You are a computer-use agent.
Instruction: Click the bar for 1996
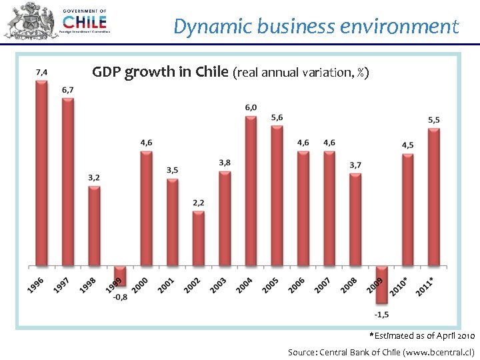[x=41, y=173]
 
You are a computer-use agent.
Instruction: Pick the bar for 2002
[x=198, y=239]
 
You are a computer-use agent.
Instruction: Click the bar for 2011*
[x=433, y=197]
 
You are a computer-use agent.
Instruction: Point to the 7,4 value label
[x=41, y=71]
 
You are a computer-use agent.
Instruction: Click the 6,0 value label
[x=251, y=107]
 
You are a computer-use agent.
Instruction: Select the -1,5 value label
[x=382, y=315]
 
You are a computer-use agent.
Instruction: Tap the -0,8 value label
[x=120, y=297]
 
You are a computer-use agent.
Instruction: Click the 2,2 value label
[x=198, y=203]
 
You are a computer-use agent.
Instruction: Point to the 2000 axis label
[x=140, y=285]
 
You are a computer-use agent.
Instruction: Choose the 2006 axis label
[x=297, y=285]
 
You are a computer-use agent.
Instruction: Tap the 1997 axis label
[x=61, y=285]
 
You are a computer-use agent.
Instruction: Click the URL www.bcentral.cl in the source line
[x=438, y=351]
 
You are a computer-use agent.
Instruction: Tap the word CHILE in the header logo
[x=83, y=21]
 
